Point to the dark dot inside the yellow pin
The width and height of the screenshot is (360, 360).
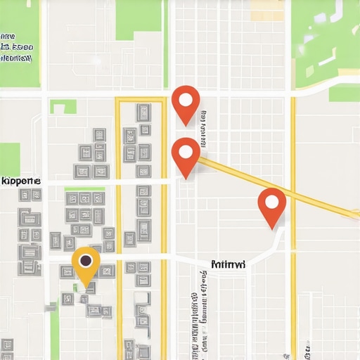[86, 261]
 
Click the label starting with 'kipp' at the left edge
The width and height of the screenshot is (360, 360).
[20, 181]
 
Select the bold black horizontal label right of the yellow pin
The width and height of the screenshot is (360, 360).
[229, 264]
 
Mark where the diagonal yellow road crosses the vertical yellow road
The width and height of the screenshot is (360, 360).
[293, 194]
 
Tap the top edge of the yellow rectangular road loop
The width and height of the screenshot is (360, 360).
[141, 99]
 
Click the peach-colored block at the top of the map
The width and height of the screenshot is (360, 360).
[267, 10]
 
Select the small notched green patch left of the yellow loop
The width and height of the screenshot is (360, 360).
[63, 107]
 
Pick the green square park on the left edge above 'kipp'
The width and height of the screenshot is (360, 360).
[10, 159]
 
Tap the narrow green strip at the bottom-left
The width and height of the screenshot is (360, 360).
[54, 330]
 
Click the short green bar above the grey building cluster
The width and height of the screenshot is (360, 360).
[84, 188]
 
